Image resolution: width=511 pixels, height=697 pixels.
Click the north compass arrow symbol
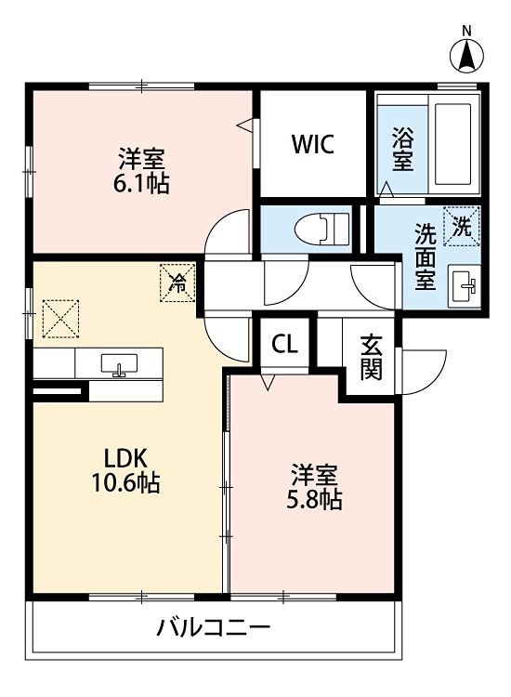tap(466, 56)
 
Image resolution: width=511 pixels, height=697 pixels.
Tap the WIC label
tap(313, 144)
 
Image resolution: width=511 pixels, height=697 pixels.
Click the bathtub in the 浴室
tap(452, 144)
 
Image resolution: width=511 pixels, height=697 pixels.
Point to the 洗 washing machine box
tap(462, 227)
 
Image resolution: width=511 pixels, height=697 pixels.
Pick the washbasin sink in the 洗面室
tap(465, 285)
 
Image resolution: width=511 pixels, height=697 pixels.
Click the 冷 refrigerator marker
tap(177, 283)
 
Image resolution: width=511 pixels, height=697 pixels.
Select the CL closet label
tap(284, 344)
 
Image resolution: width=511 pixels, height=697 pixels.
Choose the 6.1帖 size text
tap(141, 184)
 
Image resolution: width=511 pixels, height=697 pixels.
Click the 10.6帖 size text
tap(125, 482)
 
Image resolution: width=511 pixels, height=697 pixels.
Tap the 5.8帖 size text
tap(314, 499)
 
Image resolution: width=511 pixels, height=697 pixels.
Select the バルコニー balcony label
tap(214, 628)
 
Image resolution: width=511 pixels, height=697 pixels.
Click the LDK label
tap(125, 458)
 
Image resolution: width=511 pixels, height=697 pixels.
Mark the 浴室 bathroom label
tap(403, 149)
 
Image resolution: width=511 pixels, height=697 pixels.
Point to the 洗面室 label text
tap(426, 256)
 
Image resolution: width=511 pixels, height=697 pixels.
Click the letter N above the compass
tap(466, 31)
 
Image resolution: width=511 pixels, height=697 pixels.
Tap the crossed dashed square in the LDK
tap(60, 318)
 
